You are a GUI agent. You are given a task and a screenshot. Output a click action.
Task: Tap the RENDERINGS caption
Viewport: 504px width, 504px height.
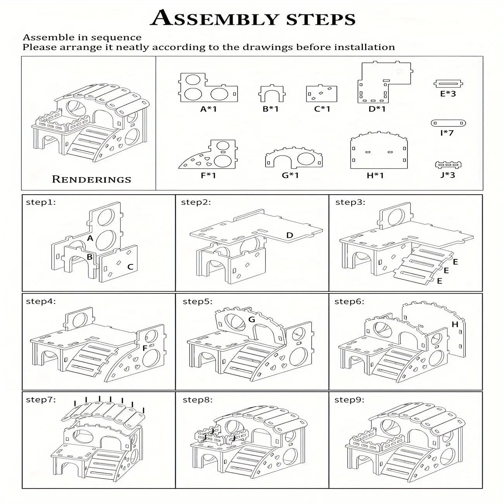click(91, 180)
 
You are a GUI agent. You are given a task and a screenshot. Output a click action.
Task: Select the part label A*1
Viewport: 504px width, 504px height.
click(208, 109)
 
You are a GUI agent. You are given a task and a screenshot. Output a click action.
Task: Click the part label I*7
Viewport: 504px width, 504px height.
click(447, 133)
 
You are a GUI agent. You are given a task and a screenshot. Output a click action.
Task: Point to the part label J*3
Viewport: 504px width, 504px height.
click(448, 174)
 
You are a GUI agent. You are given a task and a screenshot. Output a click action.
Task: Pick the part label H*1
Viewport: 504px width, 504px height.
click(375, 175)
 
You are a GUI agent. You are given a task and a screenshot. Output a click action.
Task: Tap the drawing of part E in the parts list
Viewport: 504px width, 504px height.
click(448, 83)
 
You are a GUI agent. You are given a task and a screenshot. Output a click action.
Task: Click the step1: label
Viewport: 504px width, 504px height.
click(41, 202)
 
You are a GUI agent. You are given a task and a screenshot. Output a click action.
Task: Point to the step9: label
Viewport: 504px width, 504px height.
click(349, 400)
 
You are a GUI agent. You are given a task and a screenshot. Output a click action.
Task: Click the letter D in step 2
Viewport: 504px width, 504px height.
click(290, 235)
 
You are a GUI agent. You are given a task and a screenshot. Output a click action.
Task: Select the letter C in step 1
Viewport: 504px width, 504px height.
click(130, 267)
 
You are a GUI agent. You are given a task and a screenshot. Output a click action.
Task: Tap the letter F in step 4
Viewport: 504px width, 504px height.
click(145, 348)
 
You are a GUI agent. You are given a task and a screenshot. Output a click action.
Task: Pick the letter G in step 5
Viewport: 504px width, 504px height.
click(251, 319)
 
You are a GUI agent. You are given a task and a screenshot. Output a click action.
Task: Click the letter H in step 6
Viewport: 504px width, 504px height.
click(455, 324)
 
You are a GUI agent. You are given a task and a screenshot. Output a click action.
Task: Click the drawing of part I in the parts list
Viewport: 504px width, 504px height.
click(448, 123)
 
